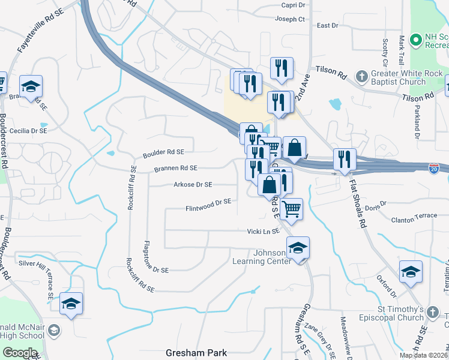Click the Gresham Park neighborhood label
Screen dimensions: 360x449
pos(196,352)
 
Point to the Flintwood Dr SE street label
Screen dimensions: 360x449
pos(208,205)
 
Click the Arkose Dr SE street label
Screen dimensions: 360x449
pos(193,185)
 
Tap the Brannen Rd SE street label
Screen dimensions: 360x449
pos(176,169)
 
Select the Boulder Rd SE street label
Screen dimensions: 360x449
pos(163,154)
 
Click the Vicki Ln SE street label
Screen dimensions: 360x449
pos(264,231)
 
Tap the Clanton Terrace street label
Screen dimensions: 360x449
pos(414,220)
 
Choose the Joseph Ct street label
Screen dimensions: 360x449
pos(290,19)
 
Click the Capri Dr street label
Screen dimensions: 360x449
pos(293,5)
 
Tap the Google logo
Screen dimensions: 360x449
pos(20,353)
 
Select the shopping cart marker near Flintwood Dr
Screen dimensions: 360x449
pos(291,209)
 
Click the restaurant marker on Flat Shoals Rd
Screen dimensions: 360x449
pos(344,159)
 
